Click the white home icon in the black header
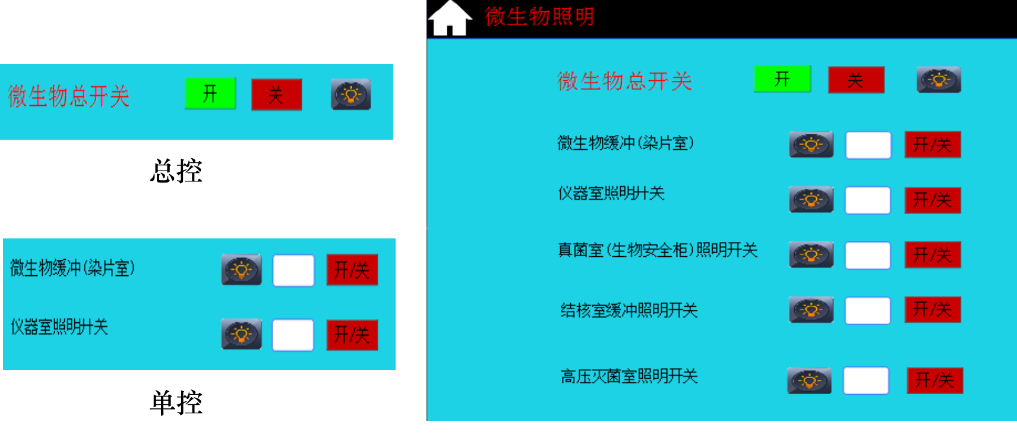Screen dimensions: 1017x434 [450, 18]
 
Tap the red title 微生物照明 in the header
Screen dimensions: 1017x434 [539, 17]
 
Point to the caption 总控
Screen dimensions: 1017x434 [176, 171]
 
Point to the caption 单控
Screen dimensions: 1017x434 [176, 402]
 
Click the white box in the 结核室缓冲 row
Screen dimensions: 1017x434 [868, 310]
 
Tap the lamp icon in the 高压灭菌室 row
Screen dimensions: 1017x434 [810, 380]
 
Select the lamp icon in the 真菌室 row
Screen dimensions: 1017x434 [811, 254]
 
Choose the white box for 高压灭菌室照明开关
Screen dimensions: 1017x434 [866, 380]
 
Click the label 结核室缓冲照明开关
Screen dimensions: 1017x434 [629, 311]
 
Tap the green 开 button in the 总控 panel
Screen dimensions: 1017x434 [210, 93]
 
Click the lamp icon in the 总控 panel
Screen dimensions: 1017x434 [351, 95]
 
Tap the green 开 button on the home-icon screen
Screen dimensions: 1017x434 [782, 79]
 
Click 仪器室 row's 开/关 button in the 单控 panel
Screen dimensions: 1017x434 [352, 335]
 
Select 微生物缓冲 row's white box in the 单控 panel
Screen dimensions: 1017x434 [293, 271]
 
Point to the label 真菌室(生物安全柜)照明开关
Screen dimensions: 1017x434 [658, 250]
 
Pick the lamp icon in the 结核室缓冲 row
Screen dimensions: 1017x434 [811, 310]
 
